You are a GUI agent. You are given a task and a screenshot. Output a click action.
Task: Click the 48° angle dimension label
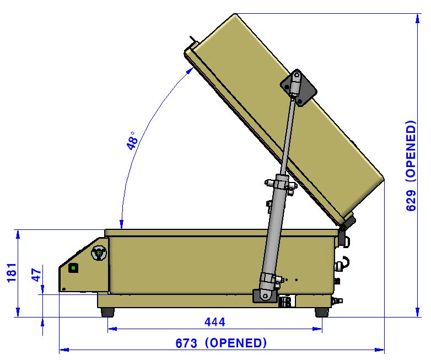click(132, 141)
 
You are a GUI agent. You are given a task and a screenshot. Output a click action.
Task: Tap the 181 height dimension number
click(12, 272)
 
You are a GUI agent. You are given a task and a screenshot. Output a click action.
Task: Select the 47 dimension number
click(36, 275)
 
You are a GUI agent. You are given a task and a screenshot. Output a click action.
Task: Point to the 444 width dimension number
click(215, 322)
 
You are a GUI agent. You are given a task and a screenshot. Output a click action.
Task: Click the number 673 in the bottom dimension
click(186, 343)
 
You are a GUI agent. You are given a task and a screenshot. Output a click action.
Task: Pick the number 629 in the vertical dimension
click(411, 201)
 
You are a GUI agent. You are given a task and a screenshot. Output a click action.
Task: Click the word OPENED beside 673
click(236, 343)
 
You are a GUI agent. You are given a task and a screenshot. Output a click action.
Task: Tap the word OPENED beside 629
click(411, 150)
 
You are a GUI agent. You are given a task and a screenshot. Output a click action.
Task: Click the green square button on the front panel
click(73, 267)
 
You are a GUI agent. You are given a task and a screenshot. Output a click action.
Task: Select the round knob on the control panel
click(99, 253)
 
